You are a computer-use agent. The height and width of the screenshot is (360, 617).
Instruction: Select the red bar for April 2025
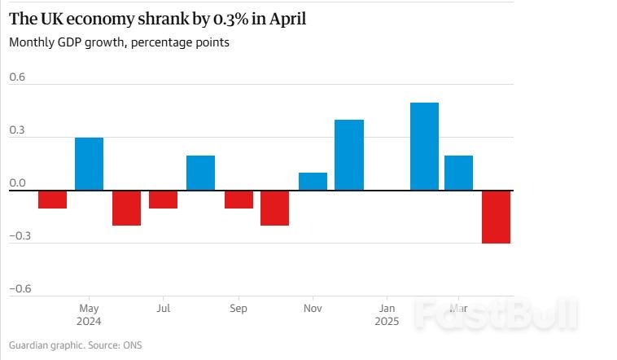coord(496,217)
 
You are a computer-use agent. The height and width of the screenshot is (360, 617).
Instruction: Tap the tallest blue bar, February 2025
coord(424,147)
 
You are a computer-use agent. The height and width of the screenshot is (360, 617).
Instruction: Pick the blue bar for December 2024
coord(349,155)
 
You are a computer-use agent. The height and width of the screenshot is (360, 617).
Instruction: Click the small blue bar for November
coord(313,182)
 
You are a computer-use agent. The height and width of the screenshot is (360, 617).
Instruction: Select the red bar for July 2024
coord(164,200)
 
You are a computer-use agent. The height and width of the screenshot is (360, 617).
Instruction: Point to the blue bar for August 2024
coord(200,173)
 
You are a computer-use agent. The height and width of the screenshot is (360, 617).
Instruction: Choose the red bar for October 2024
coord(275,208)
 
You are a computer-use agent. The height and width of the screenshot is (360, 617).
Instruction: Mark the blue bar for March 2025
coord(458,173)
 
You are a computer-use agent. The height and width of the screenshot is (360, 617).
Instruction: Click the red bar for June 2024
coord(126,208)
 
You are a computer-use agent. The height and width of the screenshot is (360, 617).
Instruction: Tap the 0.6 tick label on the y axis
coord(17,77)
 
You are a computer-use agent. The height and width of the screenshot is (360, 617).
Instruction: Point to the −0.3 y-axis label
coord(20,235)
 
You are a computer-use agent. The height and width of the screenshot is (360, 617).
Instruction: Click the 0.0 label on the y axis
coord(17,183)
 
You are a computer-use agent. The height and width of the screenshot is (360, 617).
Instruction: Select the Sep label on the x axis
coord(238,309)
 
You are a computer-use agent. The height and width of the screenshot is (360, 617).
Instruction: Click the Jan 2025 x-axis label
coord(387,315)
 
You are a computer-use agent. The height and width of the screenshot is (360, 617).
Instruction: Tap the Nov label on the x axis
coord(313,309)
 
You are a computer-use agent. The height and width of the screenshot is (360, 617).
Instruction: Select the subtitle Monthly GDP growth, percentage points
coord(119,42)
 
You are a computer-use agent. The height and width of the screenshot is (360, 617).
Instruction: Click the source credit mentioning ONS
coord(75,345)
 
